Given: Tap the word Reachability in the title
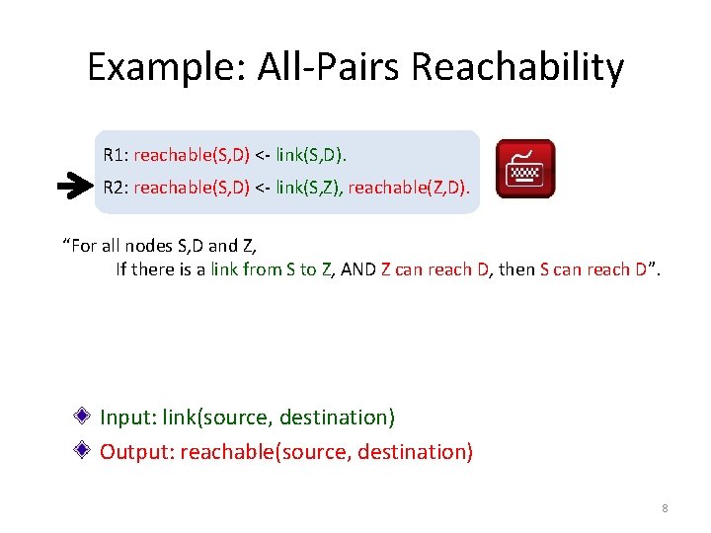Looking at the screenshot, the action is (516, 67).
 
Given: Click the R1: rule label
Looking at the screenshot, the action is (116, 155).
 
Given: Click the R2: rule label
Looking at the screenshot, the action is (116, 187).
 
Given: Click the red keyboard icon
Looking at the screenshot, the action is (525, 169).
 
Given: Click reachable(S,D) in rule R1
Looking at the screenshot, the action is (192, 155).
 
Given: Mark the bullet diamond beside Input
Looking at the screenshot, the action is (88, 416).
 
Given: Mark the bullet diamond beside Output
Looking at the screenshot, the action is (88, 450).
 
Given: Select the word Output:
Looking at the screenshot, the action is (137, 452).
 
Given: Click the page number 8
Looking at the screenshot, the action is (665, 508).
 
